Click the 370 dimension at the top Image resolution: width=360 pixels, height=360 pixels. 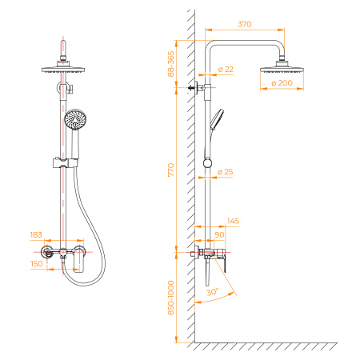tap(245, 25)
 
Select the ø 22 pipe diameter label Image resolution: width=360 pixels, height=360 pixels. tap(226, 71)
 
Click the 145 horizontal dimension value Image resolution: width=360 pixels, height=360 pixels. tap(234, 221)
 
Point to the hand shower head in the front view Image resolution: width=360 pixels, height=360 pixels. tap(74, 122)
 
